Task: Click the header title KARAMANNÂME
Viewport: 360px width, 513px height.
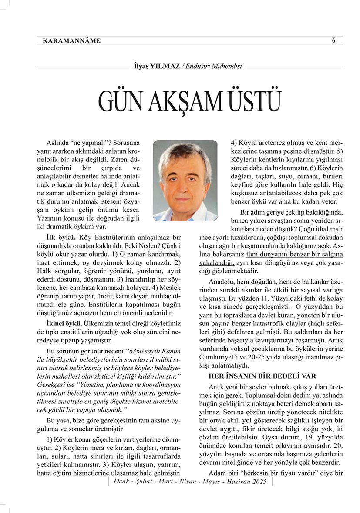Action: point(72,41)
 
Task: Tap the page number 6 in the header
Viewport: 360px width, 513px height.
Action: point(333,40)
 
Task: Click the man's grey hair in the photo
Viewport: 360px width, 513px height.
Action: point(185,153)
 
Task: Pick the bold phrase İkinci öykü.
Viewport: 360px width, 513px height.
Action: point(65,324)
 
